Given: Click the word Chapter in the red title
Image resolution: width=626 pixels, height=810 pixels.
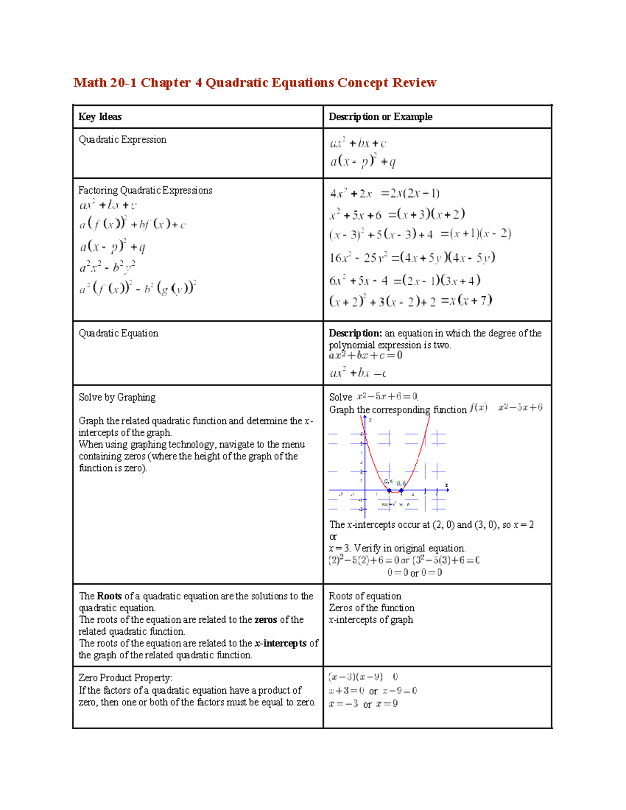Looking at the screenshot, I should coord(166,83).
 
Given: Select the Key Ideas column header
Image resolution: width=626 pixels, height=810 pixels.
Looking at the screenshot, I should coord(100,117).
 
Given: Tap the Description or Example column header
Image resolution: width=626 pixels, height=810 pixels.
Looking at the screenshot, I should coord(380,117).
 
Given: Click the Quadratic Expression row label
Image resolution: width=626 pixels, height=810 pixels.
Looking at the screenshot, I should coord(123,140).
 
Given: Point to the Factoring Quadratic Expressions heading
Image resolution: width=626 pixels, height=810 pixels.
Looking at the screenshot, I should coord(146,190).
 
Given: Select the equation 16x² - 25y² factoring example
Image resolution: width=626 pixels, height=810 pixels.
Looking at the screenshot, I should coord(412,258).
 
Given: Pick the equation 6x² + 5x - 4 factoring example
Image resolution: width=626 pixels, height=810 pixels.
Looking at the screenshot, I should coord(404,281).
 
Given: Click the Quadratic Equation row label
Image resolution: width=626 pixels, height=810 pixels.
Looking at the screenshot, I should coord(118,333).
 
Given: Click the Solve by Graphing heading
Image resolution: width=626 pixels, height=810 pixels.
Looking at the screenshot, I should coord(117,397).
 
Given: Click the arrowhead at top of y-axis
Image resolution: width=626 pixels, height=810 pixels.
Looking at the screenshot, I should coord(365,418).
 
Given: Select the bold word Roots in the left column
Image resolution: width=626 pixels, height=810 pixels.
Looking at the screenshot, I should coord(109,596).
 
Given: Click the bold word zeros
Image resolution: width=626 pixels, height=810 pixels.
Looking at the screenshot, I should coord(266,620).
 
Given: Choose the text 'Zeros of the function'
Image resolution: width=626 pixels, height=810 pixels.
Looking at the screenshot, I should coord(371,608).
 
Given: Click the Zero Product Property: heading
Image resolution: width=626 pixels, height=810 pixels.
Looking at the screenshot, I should coord(125,678).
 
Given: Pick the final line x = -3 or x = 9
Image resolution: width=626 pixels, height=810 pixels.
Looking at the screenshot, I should coord(363,704).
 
